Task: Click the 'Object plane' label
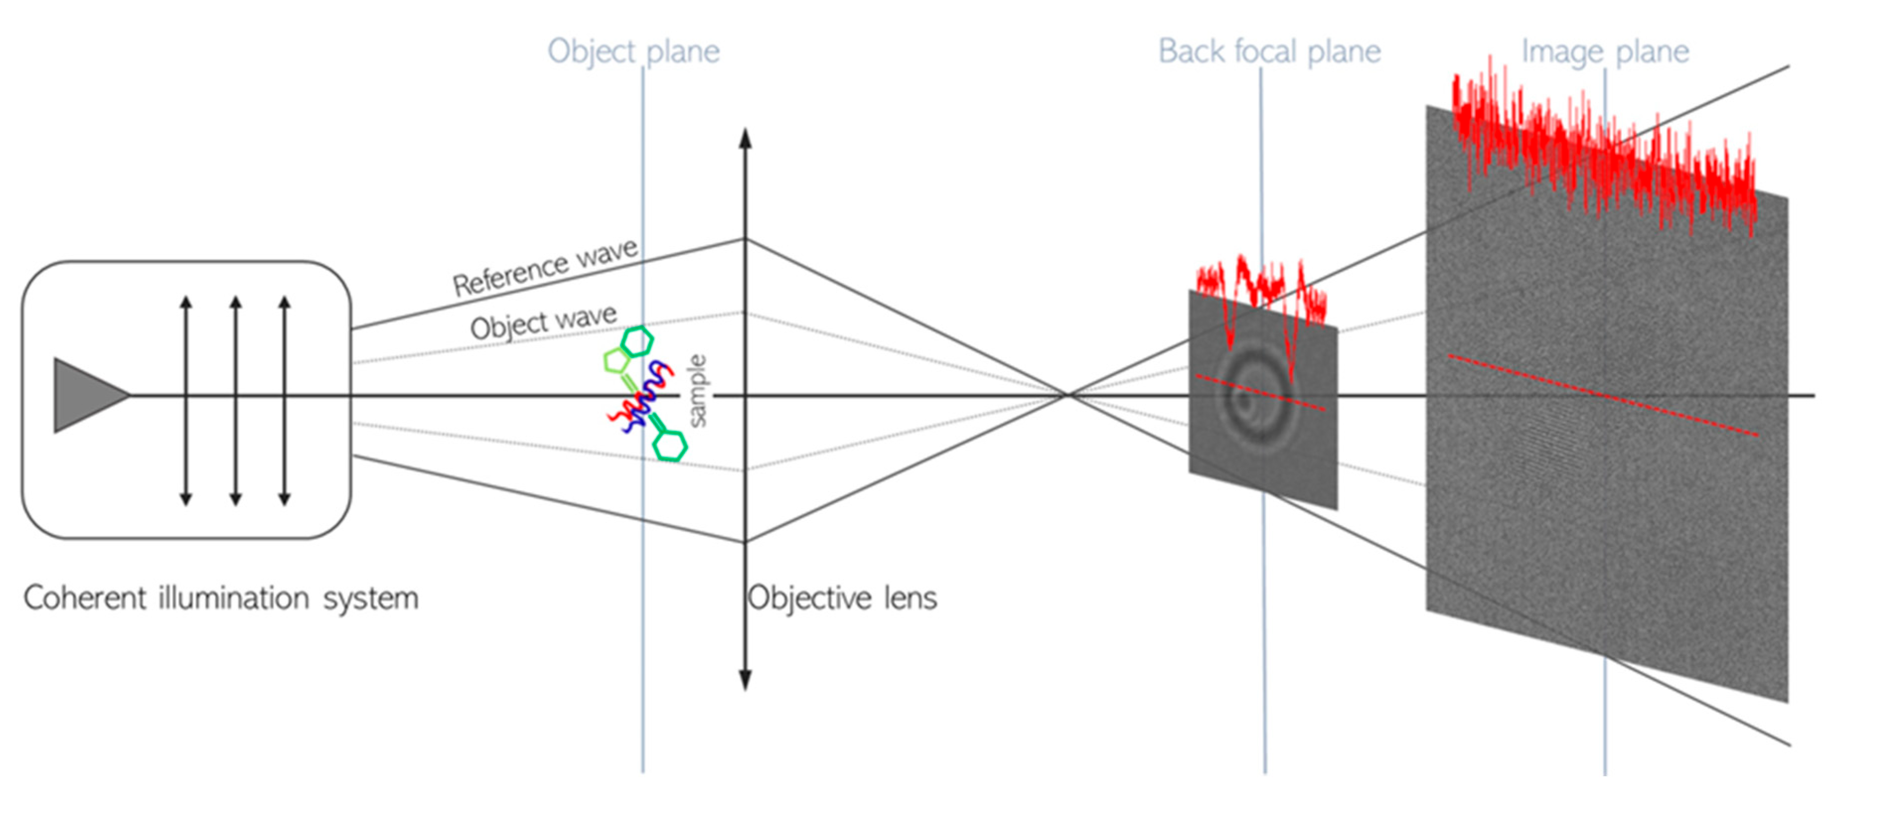pyautogui.click(x=633, y=52)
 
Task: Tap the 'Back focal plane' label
pyautogui.click(x=1269, y=52)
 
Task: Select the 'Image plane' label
pyautogui.click(x=1605, y=52)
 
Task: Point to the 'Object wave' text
pyautogui.click(x=543, y=322)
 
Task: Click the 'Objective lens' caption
pyautogui.click(x=842, y=598)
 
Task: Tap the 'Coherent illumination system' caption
pyautogui.click(x=221, y=598)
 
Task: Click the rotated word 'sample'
pyautogui.click(x=697, y=391)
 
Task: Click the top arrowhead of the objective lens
pyautogui.click(x=745, y=138)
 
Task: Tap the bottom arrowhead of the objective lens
pyautogui.click(x=745, y=680)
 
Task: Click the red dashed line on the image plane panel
pyautogui.click(x=1604, y=396)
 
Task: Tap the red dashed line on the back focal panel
pyautogui.click(x=1260, y=393)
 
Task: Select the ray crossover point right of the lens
pyautogui.click(x=1065, y=396)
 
